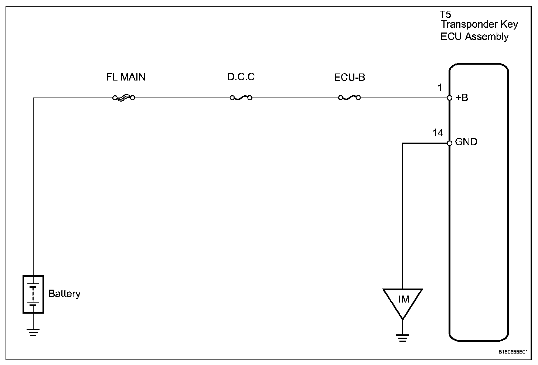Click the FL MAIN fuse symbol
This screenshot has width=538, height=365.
coord(124,98)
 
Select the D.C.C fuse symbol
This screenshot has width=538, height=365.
coord(241,98)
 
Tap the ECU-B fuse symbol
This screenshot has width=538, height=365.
coord(349,98)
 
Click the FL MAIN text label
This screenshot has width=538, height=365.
coord(126,77)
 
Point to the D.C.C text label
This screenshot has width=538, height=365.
coord(241,77)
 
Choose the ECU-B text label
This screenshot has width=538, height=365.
coord(350,78)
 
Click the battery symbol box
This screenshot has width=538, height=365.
coord(33,294)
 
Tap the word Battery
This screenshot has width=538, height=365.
coord(64,294)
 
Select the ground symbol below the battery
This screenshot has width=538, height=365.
coord(33,332)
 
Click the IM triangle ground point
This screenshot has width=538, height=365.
coord(403,300)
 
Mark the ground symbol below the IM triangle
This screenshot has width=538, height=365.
coord(402,338)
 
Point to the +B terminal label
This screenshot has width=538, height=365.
coord(462,98)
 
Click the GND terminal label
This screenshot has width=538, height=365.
coord(466,142)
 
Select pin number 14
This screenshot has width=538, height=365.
coord(438,133)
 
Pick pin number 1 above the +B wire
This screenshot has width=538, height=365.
coord(440,88)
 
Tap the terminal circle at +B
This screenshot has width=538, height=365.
coord(450,98)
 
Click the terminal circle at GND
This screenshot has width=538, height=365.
coord(450,143)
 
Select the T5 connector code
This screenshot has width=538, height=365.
coord(446,15)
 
